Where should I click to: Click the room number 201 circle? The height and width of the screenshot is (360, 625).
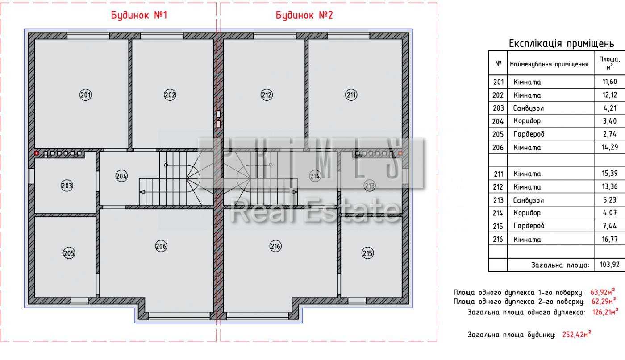[85, 95]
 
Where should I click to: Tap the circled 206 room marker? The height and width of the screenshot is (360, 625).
[161, 246]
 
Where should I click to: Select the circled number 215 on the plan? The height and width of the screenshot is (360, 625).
[367, 253]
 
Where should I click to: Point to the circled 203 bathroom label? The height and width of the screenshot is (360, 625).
[67, 186]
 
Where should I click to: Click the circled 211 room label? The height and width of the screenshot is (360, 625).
[351, 95]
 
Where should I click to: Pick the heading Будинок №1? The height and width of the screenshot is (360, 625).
[139, 15]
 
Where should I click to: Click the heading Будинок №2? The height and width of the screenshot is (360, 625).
[304, 15]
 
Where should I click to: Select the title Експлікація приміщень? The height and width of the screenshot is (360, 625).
[562, 44]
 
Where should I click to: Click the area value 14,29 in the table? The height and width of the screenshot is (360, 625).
[610, 147]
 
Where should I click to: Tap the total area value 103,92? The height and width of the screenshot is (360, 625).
[610, 265]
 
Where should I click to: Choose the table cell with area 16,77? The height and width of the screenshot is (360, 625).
[610, 239]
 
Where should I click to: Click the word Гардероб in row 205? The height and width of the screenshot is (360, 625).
[529, 134]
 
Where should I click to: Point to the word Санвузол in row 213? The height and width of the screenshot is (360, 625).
[529, 200]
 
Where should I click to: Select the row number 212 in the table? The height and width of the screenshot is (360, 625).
[498, 187]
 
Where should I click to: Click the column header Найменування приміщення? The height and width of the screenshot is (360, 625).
[549, 64]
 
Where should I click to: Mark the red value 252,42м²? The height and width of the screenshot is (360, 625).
[577, 334]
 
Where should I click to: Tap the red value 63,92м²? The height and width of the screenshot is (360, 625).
[603, 292]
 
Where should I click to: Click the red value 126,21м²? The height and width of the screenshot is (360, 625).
[605, 312]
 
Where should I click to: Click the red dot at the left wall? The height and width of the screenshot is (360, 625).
[36, 153]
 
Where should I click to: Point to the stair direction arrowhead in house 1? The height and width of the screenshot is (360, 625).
[142, 192]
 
